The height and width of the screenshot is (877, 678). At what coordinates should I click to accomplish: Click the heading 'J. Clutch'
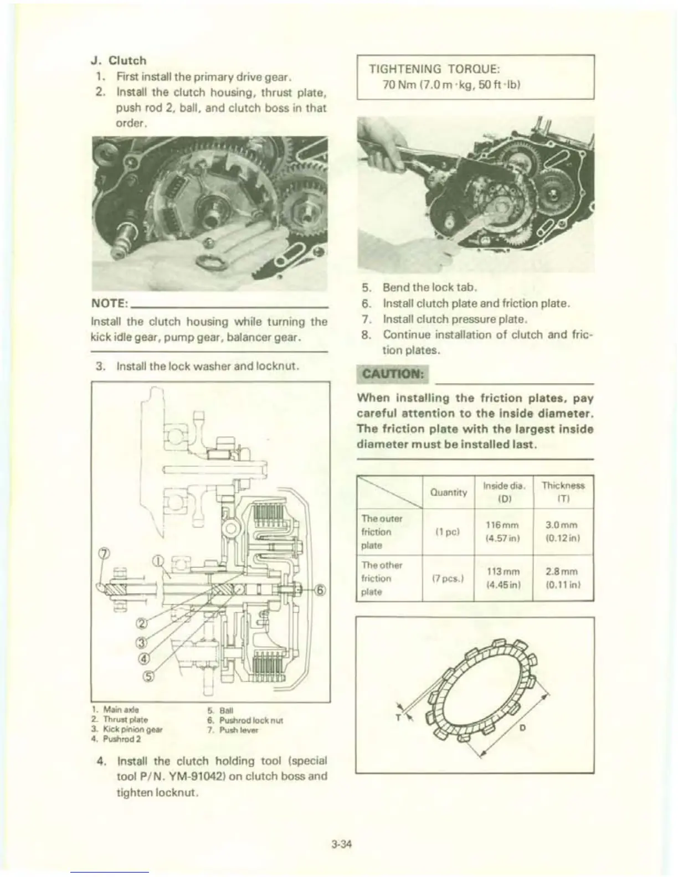(x=119, y=60)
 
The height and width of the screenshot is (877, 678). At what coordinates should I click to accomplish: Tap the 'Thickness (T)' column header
(x=563, y=492)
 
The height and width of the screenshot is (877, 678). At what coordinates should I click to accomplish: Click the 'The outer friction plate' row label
(x=382, y=532)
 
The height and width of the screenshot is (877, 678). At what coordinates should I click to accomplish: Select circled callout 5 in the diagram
(x=150, y=677)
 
